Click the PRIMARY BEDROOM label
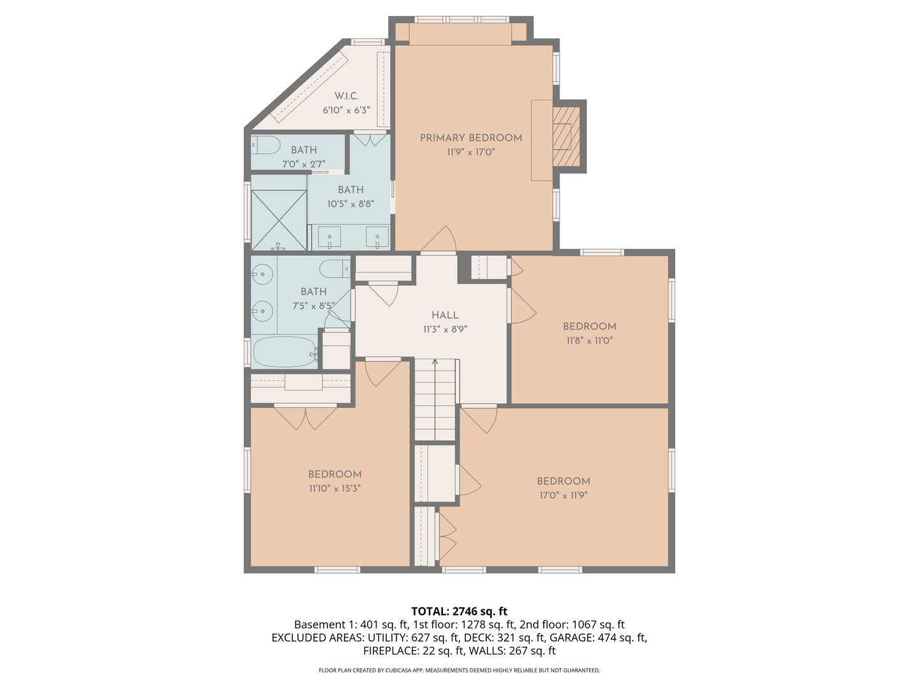coord(470,138)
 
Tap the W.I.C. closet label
coord(347,96)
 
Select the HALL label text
coord(445,315)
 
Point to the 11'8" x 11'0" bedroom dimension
coord(589,341)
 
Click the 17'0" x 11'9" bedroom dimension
coord(563,495)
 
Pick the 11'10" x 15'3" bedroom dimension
coord(334,489)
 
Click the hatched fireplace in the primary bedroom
coord(565,137)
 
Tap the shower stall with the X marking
coord(279,220)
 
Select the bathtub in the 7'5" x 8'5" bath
coord(285,352)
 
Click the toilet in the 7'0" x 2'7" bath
coord(265,145)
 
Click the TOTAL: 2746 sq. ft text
coord(459,611)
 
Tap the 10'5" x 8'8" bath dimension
coord(350,204)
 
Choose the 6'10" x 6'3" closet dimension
coord(346,110)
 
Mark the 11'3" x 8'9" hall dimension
coord(445,330)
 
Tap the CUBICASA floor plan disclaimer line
coord(459,670)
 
